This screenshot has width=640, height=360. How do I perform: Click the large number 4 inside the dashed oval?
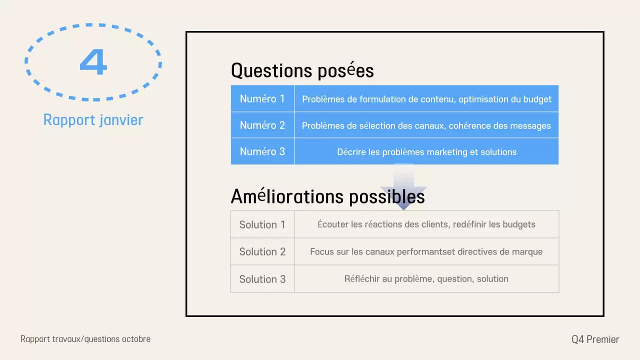tap(93, 62)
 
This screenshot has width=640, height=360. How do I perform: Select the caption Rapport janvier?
tap(93, 120)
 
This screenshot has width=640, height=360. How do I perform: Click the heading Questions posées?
tap(302, 70)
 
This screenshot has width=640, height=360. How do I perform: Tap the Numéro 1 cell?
tap(262, 98)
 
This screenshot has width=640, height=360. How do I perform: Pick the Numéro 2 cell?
tap(262, 125)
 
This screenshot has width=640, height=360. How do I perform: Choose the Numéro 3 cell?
tap(262, 151)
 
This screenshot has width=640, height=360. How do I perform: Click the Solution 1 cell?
tap(262, 224)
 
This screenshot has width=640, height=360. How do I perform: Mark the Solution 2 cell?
tap(262, 251)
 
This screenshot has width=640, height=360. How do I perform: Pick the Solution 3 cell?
tap(262, 279)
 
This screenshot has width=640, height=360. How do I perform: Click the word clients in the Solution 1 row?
tap(434, 224)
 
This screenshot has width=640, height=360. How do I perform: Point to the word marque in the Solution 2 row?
tap(527, 252)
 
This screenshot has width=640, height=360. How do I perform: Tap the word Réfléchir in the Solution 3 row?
tap(361, 279)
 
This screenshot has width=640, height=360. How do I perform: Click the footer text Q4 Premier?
tap(595, 339)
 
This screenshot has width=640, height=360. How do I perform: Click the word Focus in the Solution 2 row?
tap(321, 252)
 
